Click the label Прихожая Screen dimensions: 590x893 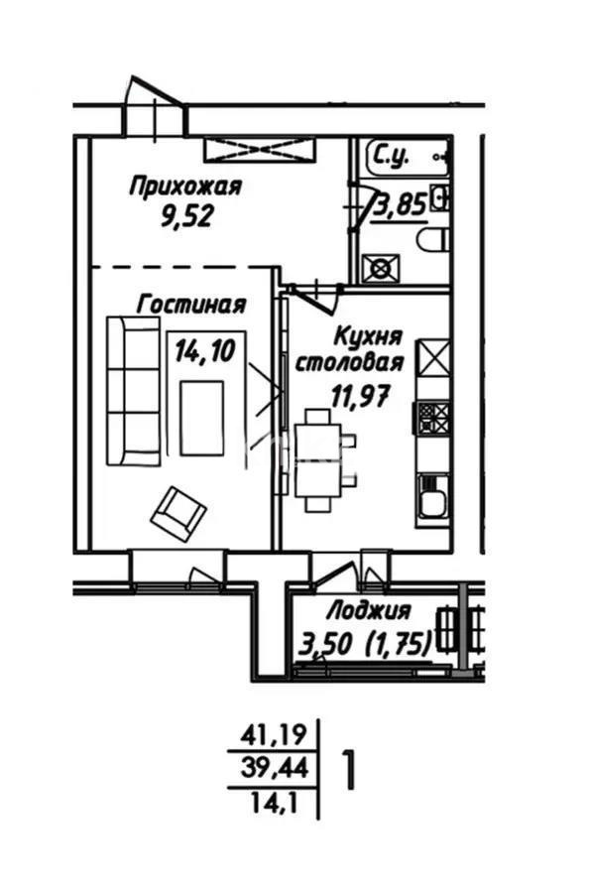tap(186, 187)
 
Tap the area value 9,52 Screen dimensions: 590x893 tap(186, 216)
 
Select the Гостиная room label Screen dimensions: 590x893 tap(191, 305)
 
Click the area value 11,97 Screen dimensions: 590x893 tap(360, 395)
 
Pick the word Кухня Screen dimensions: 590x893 tap(368, 336)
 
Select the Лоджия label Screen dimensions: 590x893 tap(369, 611)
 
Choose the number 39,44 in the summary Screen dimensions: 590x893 tap(275, 769)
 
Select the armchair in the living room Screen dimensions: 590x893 tap(178, 513)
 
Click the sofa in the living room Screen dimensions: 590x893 tap(133, 391)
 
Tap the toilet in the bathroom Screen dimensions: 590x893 tap(432, 240)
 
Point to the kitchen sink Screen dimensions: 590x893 tap(432, 496)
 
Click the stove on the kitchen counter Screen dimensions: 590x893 tap(433, 418)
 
